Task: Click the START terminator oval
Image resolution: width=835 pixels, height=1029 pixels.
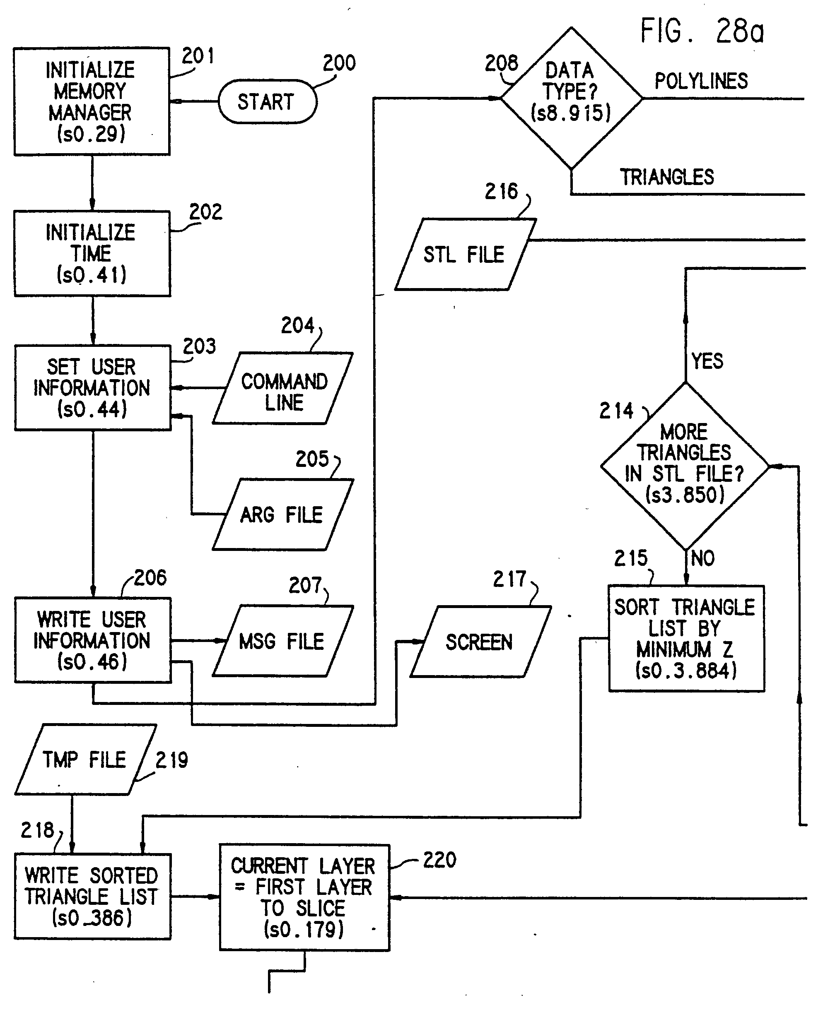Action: [x=268, y=102]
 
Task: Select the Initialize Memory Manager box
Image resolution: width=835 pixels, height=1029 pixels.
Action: [x=92, y=101]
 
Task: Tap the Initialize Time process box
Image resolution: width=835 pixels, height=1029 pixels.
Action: [x=92, y=253]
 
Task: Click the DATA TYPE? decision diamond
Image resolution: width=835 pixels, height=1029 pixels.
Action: [x=571, y=98]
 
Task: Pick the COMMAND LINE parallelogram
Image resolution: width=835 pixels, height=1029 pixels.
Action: [x=283, y=388]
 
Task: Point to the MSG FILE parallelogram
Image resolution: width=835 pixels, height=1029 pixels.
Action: [x=283, y=641]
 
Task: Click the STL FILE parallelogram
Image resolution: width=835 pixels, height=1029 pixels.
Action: [x=465, y=254]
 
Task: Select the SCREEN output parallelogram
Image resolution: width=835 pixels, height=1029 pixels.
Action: [x=480, y=642]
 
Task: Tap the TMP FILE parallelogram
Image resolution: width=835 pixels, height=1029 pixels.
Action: [x=85, y=760]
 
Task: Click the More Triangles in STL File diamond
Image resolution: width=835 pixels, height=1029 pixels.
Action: [x=685, y=466]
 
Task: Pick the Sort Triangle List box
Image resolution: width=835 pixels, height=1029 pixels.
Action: [x=686, y=639]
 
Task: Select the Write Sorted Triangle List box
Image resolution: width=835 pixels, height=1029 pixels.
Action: [x=92, y=897]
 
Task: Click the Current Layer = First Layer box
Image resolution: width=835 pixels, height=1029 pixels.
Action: [x=304, y=897]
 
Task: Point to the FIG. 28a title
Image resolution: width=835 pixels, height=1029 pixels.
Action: [x=702, y=31]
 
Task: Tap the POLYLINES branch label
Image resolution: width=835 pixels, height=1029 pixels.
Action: [x=701, y=81]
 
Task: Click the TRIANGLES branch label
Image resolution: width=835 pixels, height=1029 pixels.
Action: [x=667, y=177]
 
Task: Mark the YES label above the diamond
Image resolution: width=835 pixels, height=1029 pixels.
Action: [x=707, y=361]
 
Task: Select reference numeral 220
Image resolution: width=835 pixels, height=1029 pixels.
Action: [x=439, y=860]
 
